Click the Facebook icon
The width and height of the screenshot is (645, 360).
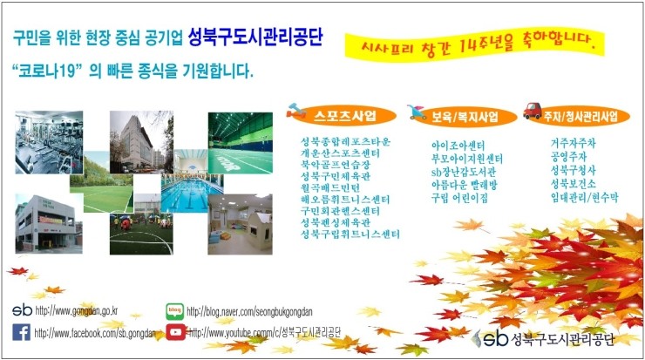coord(22,332)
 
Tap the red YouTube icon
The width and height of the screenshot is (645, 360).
coord(176,332)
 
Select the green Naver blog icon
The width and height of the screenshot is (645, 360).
coord(175,311)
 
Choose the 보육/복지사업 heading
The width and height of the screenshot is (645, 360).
coord(465,117)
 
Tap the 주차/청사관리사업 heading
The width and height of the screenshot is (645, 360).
coord(580,117)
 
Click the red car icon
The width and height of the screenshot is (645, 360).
coord(533,110)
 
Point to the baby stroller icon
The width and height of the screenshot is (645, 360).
coord(417,112)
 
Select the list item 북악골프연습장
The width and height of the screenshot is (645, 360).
coord(336,165)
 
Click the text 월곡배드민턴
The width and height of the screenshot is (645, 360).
coord(330,188)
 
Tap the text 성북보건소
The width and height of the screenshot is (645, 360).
coord(573,184)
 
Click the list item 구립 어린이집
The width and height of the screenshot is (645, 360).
coord(459,198)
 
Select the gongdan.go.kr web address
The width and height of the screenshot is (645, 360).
coord(77,311)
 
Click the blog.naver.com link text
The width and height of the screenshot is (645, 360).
coord(249,311)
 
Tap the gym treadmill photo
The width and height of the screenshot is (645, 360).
coord(49,142)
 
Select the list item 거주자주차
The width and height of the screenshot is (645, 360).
coord(573,143)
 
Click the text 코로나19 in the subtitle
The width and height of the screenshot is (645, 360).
coord(44,71)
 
